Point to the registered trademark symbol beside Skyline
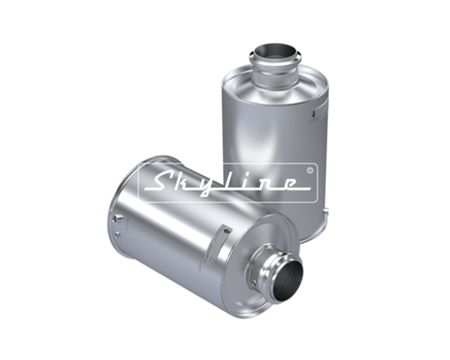click(309, 171)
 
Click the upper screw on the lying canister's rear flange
click(116, 218)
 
